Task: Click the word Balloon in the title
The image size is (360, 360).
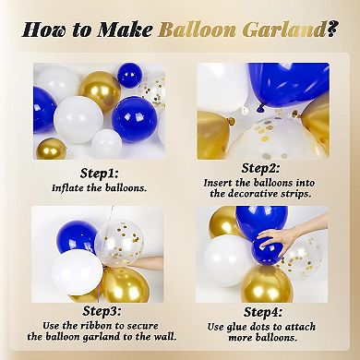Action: pos(198,30)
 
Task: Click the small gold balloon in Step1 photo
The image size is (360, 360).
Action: pos(51,148)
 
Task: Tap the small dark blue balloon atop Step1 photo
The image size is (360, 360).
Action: pos(129,74)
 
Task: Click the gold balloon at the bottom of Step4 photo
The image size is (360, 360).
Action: pos(268,282)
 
